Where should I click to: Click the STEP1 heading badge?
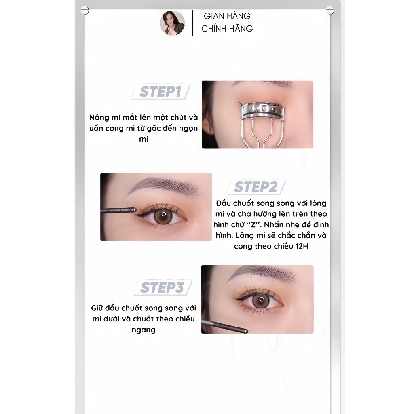(x=161, y=92)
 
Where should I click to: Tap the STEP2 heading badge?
(x=256, y=187)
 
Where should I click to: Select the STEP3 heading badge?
(x=162, y=287)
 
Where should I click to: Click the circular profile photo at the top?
(x=172, y=23)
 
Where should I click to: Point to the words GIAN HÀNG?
(x=227, y=16)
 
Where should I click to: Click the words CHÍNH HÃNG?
(x=227, y=29)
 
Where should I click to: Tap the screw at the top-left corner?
(x=85, y=11)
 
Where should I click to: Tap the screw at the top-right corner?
(x=330, y=11)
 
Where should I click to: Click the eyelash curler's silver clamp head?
(x=263, y=110)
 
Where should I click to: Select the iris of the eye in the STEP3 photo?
(x=261, y=300)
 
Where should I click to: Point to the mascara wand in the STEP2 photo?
(x=118, y=210)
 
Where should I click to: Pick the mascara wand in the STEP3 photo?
(x=225, y=326)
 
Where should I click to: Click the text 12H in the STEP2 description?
(x=302, y=246)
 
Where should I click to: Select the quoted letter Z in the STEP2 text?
(x=253, y=225)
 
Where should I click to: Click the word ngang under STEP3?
(x=144, y=330)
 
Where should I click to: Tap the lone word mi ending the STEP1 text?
(x=144, y=139)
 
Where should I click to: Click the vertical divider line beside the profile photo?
(x=192, y=23)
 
